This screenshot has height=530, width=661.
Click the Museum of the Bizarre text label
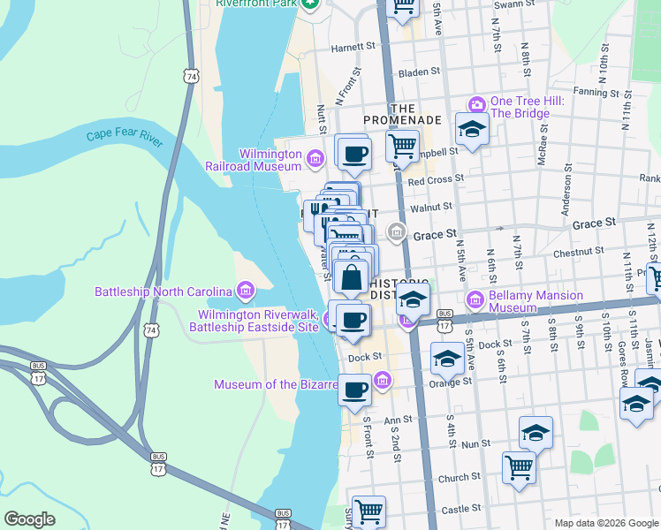(276, 384)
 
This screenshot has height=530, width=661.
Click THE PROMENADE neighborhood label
(402, 112)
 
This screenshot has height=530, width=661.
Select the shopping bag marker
(352, 277)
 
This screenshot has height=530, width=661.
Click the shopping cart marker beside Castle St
(368, 511)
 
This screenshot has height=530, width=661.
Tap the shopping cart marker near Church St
(519, 466)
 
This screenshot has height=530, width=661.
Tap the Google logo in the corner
(29, 519)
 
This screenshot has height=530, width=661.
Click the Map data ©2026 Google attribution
(605, 523)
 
